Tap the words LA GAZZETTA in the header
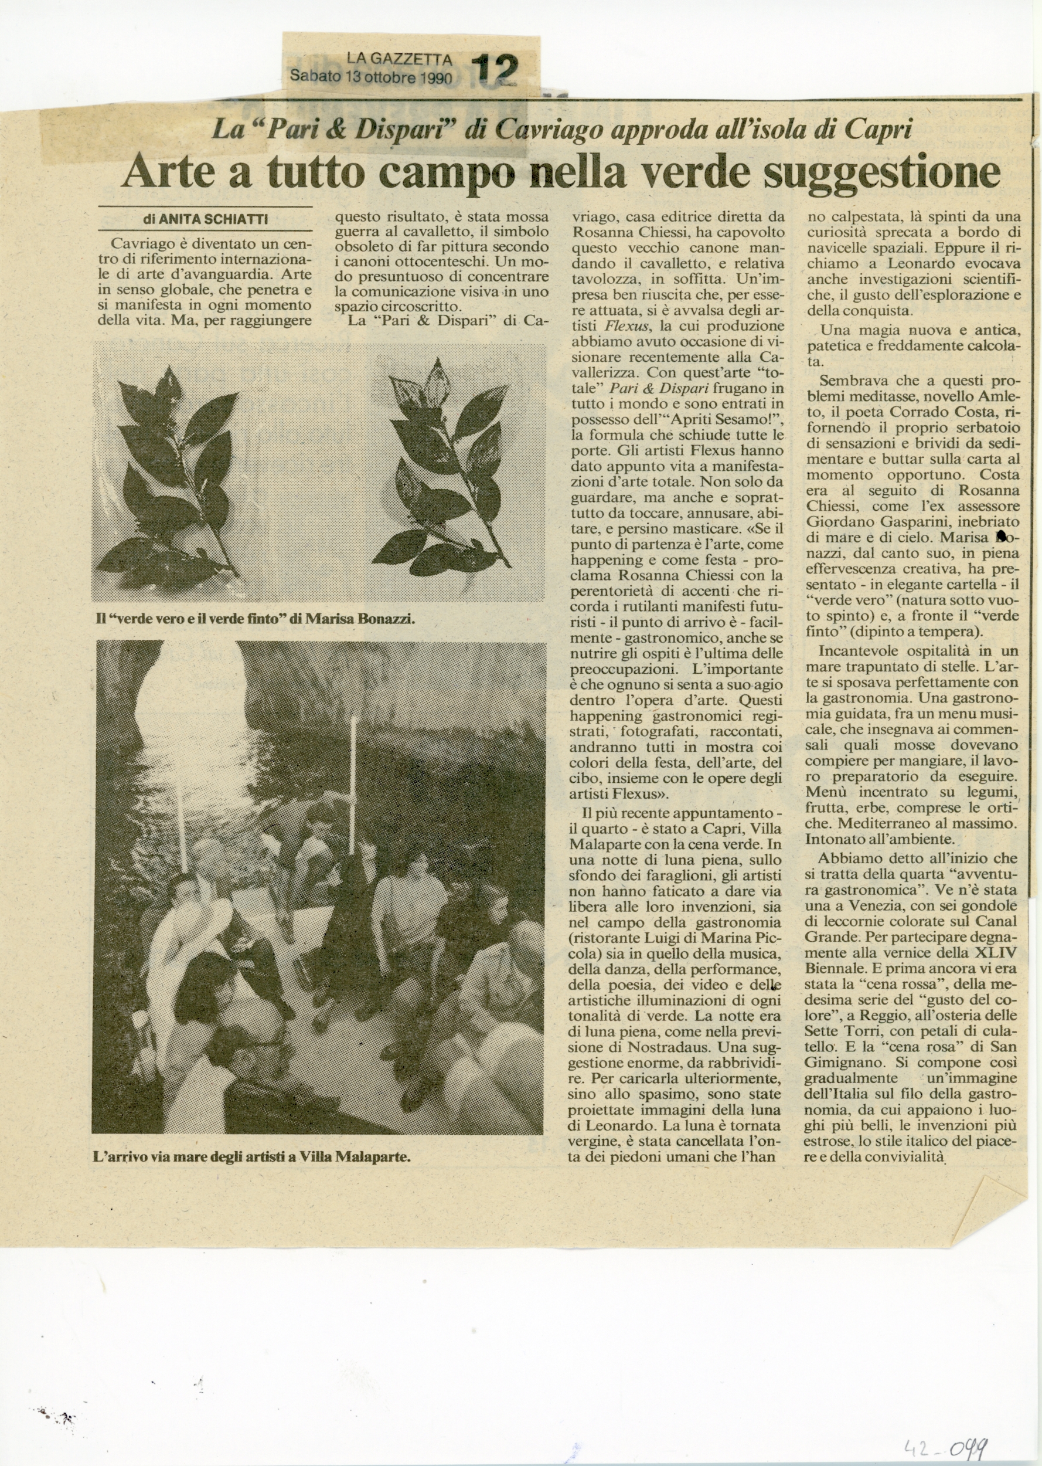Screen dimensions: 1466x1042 pos(399,60)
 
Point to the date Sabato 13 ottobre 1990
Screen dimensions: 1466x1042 pos(372,76)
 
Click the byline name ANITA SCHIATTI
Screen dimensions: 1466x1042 pos(213,219)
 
